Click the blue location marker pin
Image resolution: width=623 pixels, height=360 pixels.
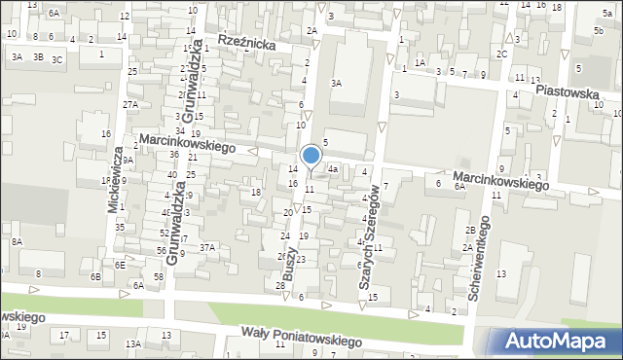point(311,156)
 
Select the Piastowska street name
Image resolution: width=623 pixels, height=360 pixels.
point(567,93)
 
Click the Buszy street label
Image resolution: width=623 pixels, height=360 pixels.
point(289,264)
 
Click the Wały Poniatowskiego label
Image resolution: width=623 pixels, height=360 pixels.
point(302,338)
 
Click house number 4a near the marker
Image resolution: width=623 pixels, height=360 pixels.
point(332,168)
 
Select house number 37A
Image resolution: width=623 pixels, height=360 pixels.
point(207,247)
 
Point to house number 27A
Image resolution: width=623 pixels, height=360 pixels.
point(129,104)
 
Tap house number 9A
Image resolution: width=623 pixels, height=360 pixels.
point(128,160)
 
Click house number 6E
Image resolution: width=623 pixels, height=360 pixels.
point(119,265)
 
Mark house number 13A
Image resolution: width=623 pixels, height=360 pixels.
point(132,343)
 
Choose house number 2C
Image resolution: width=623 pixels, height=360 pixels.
point(502,54)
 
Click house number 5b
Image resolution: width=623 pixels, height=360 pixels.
point(598,30)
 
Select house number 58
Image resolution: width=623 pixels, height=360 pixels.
point(159,277)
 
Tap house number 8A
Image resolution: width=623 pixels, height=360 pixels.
point(17,241)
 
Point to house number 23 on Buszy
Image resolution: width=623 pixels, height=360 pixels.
point(301,259)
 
